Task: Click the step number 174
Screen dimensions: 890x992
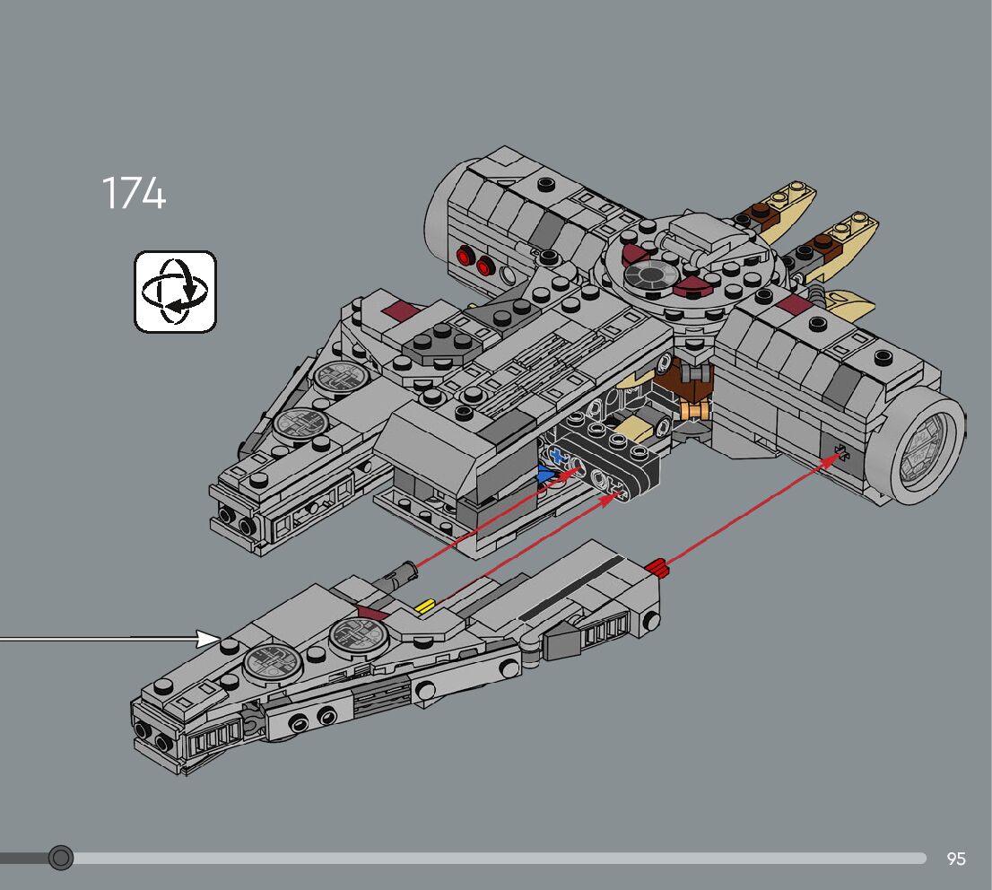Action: [134, 193]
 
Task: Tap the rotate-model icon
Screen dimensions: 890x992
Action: [176, 292]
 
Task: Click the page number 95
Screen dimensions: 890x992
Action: [956, 859]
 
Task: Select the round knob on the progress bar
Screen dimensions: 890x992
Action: [61, 858]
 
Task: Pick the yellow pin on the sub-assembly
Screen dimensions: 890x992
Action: [424, 607]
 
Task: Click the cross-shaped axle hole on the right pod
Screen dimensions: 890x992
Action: [840, 450]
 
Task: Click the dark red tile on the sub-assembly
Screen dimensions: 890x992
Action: [371, 613]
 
